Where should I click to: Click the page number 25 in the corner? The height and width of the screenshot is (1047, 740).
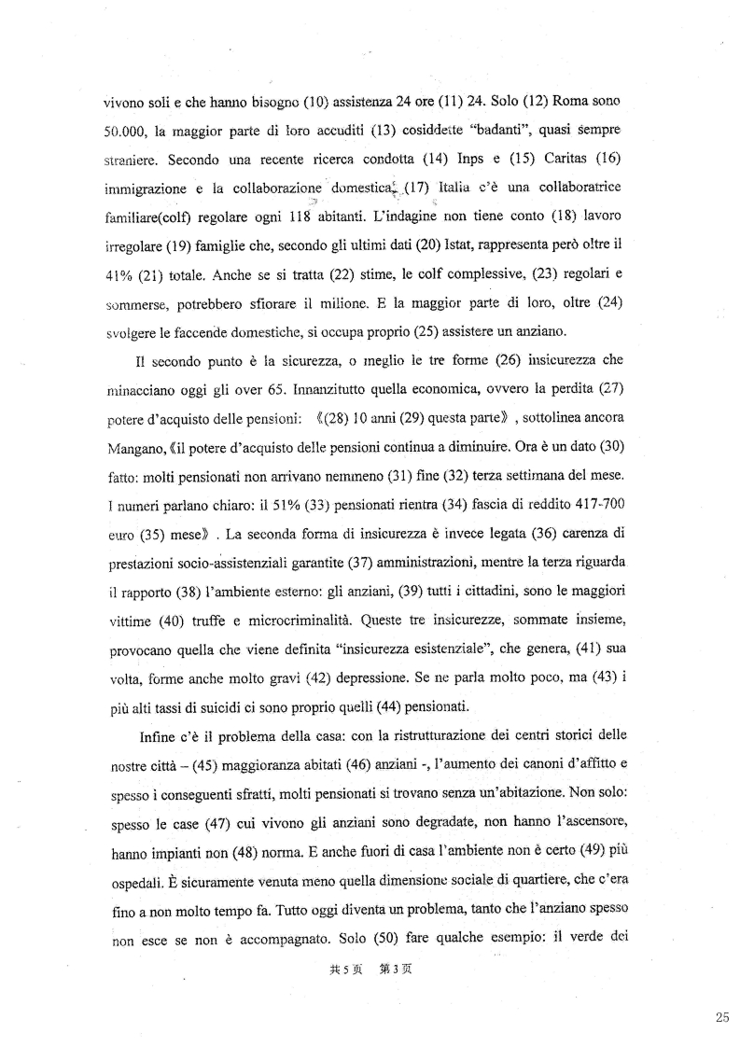[722, 1017]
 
